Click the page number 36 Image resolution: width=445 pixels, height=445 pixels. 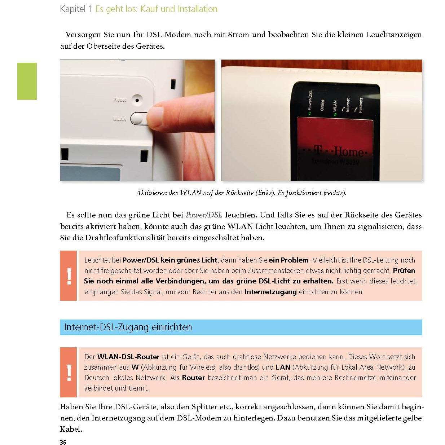pyautogui.click(x=63, y=442)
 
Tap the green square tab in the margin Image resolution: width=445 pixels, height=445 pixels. pyautogui.click(x=27, y=81)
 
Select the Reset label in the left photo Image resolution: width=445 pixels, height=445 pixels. pyautogui.click(x=120, y=100)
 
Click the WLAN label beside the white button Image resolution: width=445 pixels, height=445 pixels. pyautogui.click(x=119, y=119)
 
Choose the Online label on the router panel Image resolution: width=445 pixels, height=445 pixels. pyautogui.click(x=322, y=105)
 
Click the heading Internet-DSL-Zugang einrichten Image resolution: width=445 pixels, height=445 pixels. pyautogui.click(x=128, y=327)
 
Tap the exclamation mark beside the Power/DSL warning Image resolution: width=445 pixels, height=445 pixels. pyautogui.click(x=69, y=276)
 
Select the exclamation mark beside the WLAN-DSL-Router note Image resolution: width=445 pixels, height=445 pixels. pyautogui.click(x=69, y=373)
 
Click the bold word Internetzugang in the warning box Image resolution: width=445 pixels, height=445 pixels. pyautogui.click(x=270, y=292)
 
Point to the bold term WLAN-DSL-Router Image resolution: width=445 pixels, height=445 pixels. pyautogui.click(x=128, y=357)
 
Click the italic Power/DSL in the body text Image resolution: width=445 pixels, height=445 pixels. pyautogui.click(x=203, y=215)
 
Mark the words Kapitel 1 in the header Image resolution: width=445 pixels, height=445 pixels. pyautogui.click(x=76, y=9)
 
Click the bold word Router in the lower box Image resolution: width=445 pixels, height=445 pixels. pyautogui.click(x=193, y=378)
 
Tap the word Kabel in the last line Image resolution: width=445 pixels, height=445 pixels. pyautogui.click(x=70, y=429)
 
